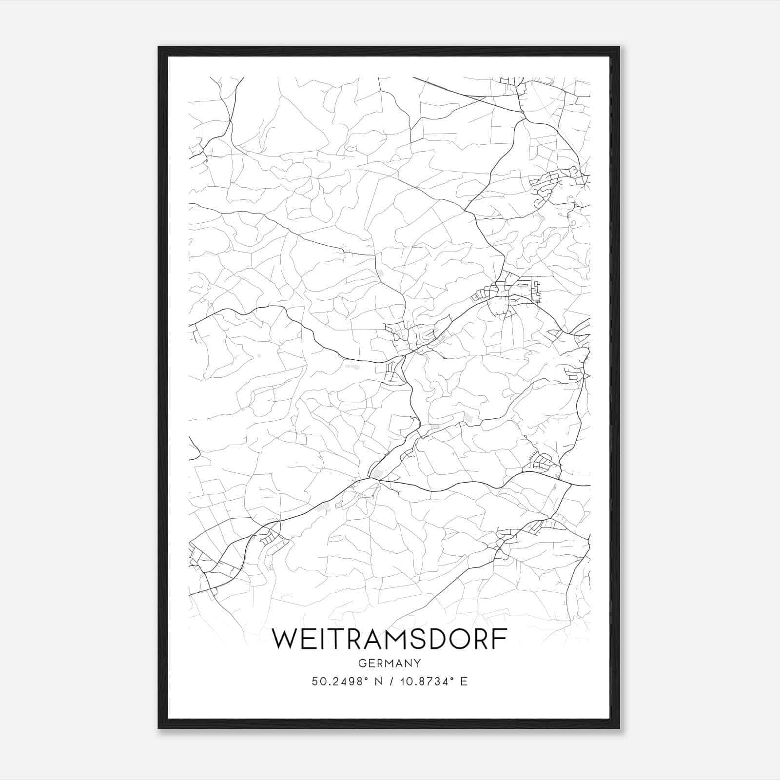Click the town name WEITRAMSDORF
point(389,639)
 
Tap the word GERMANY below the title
point(389,663)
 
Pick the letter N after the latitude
point(378,682)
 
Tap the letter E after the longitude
point(464,682)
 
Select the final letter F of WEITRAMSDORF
point(500,639)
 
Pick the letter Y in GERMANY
point(417,663)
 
